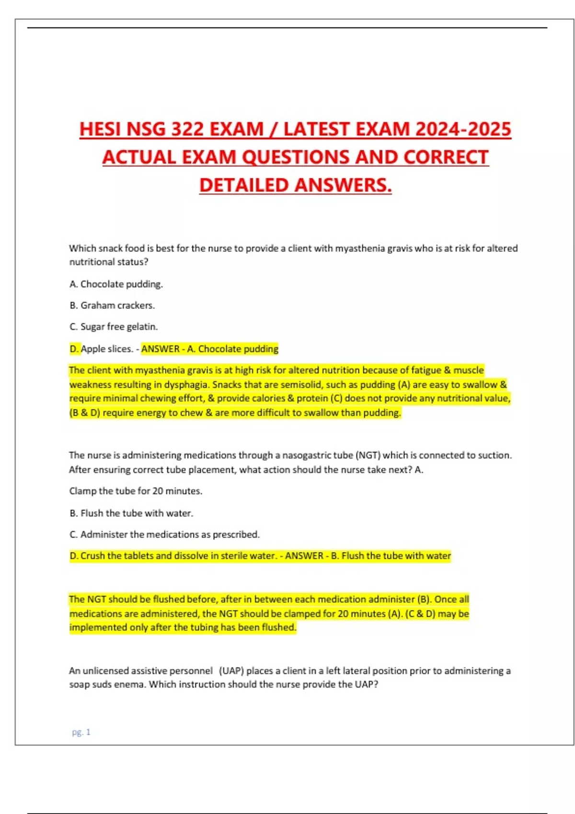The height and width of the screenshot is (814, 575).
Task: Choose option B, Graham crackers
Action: (x=112, y=305)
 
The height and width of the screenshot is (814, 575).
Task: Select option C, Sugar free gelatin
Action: (x=114, y=327)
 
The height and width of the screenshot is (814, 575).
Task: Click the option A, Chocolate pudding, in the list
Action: (x=116, y=284)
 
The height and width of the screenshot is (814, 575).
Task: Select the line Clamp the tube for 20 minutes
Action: (x=136, y=491)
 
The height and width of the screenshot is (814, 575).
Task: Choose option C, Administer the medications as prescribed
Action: (x=164, y=534)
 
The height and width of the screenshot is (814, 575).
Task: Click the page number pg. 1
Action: (x=81, y=732)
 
